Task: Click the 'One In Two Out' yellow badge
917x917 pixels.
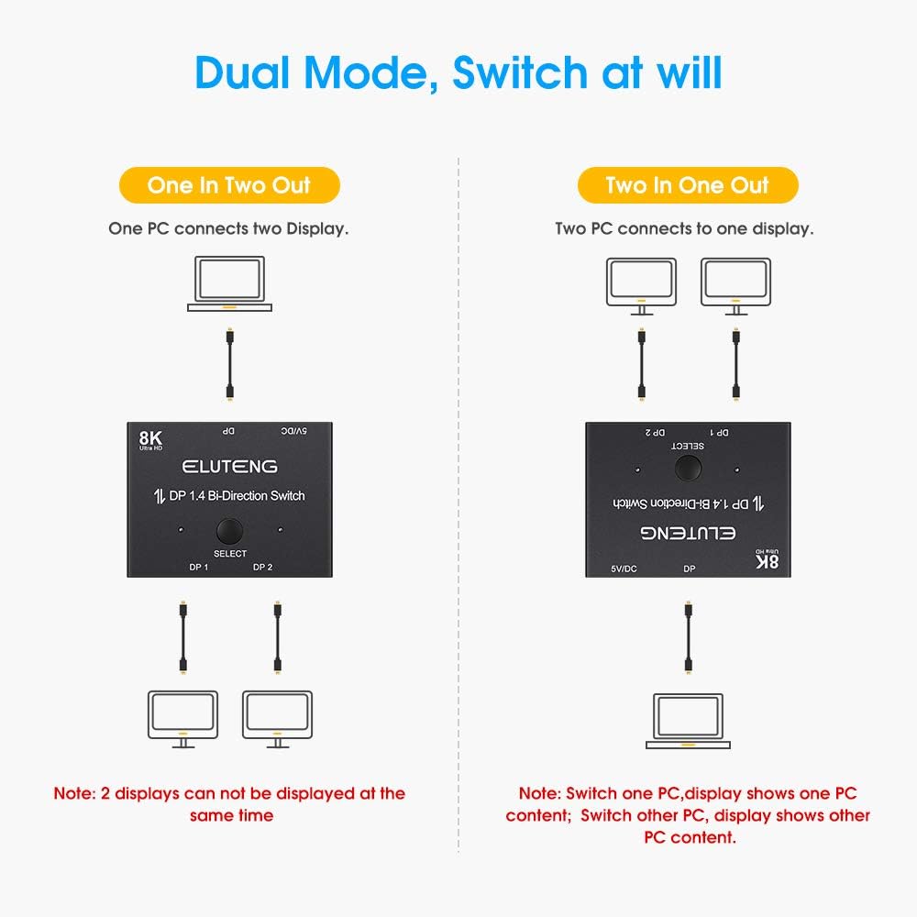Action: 230,185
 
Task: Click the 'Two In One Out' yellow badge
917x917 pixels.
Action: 687,185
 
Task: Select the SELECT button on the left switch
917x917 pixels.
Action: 229,532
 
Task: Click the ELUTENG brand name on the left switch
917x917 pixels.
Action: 229,466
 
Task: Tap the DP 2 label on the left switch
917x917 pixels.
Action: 263,567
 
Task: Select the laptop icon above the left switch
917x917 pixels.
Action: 229,284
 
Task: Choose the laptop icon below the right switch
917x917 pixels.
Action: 688,721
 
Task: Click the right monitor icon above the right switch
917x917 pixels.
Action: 735,286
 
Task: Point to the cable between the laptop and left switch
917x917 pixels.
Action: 229,365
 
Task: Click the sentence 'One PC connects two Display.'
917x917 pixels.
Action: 228,228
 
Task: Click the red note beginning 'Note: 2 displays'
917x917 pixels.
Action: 229,803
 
